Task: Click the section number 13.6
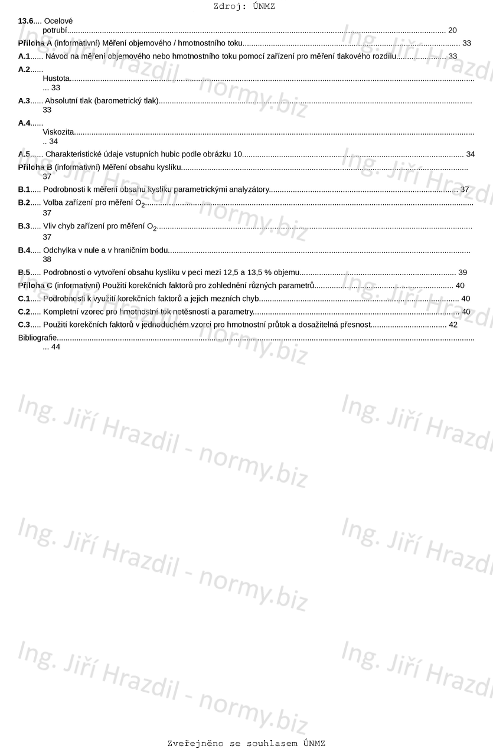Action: tap(26, 21)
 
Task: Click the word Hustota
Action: tap(56, 79)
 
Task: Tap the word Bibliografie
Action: tap(37, 338)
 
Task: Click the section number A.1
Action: tap(24, 56)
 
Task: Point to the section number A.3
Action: tap(24, 101)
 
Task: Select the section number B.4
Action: tap(24, 250)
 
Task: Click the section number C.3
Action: tap(24, 325)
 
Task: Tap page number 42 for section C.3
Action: tap(453, 325)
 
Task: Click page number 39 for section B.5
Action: tap(462, 272)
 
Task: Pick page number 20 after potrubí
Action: tap(452, 30)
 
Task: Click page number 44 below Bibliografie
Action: tap(55, 347)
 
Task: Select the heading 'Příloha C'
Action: tap(35, 286)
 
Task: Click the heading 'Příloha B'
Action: tap(35, 167)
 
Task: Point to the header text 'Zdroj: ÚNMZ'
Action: tap(244, 6)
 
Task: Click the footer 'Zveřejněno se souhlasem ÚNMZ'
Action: tap(246, 743)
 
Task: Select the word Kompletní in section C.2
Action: tap(61, 312)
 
